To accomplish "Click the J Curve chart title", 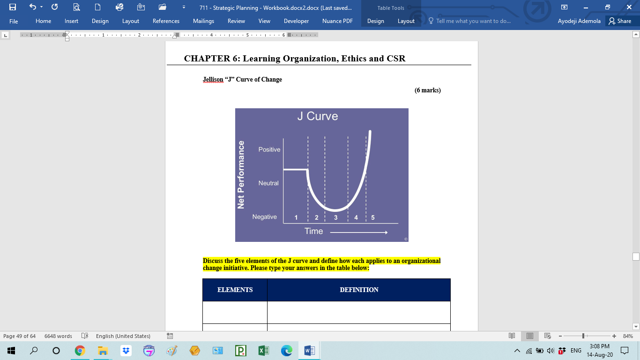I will (317, 116).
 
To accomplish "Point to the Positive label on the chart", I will (269, 150).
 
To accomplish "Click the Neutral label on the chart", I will (268, 183).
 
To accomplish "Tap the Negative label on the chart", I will (265, 217).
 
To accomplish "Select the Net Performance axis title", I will (241, 175).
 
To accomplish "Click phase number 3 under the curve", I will (336, 217).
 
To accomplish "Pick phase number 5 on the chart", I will (373, 217).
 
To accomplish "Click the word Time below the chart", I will (313, 231).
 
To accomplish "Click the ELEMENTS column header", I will (235, 290).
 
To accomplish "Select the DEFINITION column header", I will (359, 290).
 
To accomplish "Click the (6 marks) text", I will (427, 90).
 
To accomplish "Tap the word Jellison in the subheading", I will (213, 79).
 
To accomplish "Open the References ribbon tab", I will (166, 21).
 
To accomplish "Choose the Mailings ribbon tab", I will (203, 21).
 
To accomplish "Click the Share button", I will (619, 21).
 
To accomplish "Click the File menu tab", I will (14, 21).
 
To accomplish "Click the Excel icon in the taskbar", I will (263, 350).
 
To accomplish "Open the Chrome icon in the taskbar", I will (80, 350).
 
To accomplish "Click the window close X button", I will (629, 7).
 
